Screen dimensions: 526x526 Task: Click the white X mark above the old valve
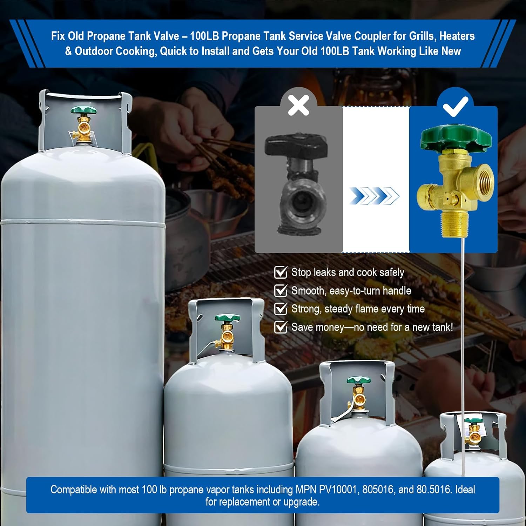[298, 105]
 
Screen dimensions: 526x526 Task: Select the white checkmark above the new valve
[456, 106]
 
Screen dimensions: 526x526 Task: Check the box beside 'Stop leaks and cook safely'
[280, 272]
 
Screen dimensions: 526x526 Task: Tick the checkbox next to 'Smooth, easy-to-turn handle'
[280, 291]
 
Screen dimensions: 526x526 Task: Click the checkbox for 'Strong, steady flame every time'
[280, 309]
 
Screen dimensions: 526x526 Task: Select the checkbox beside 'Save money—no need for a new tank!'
[280, 327]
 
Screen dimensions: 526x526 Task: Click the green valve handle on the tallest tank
[83, 111]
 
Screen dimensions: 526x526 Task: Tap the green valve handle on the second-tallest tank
[227, 318]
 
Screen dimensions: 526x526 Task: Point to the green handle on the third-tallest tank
[358, 380]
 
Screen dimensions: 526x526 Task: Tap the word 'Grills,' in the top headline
[420, 36]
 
